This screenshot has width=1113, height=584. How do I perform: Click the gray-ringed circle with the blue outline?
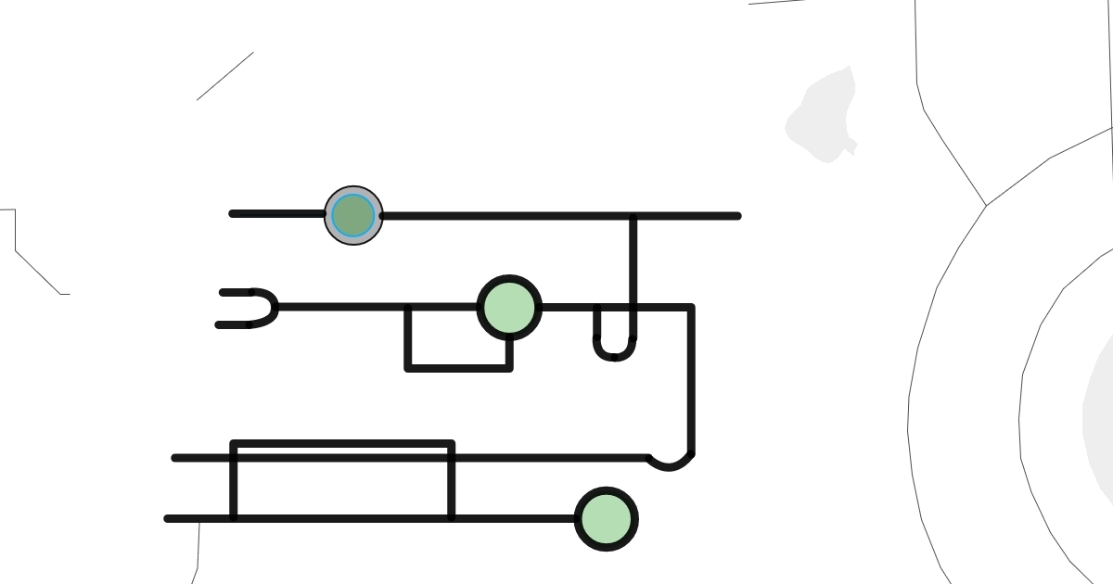click(353, 216)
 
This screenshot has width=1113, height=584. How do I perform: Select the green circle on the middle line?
click(509, 308)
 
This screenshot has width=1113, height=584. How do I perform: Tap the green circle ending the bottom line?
click(607, 519)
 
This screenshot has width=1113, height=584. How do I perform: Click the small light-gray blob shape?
click(824, 116)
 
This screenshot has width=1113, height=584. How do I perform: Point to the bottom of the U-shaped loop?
click(614, 357)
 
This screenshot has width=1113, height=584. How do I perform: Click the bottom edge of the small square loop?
click(459, 368)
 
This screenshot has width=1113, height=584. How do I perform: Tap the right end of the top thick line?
click(737, 216)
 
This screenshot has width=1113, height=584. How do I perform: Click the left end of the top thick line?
click(233, 214)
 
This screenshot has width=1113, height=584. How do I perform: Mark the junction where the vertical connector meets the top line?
click(633, 217)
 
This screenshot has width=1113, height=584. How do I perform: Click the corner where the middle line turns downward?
click(690, 308)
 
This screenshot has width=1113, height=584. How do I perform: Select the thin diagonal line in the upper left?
click(224, 76)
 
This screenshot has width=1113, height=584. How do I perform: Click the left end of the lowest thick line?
click(169, 519)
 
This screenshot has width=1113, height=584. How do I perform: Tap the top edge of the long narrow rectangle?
click(343, 443)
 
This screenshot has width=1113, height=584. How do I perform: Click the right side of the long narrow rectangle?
click(451, 482)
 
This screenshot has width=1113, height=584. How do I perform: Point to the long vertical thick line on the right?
click(691, 380)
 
